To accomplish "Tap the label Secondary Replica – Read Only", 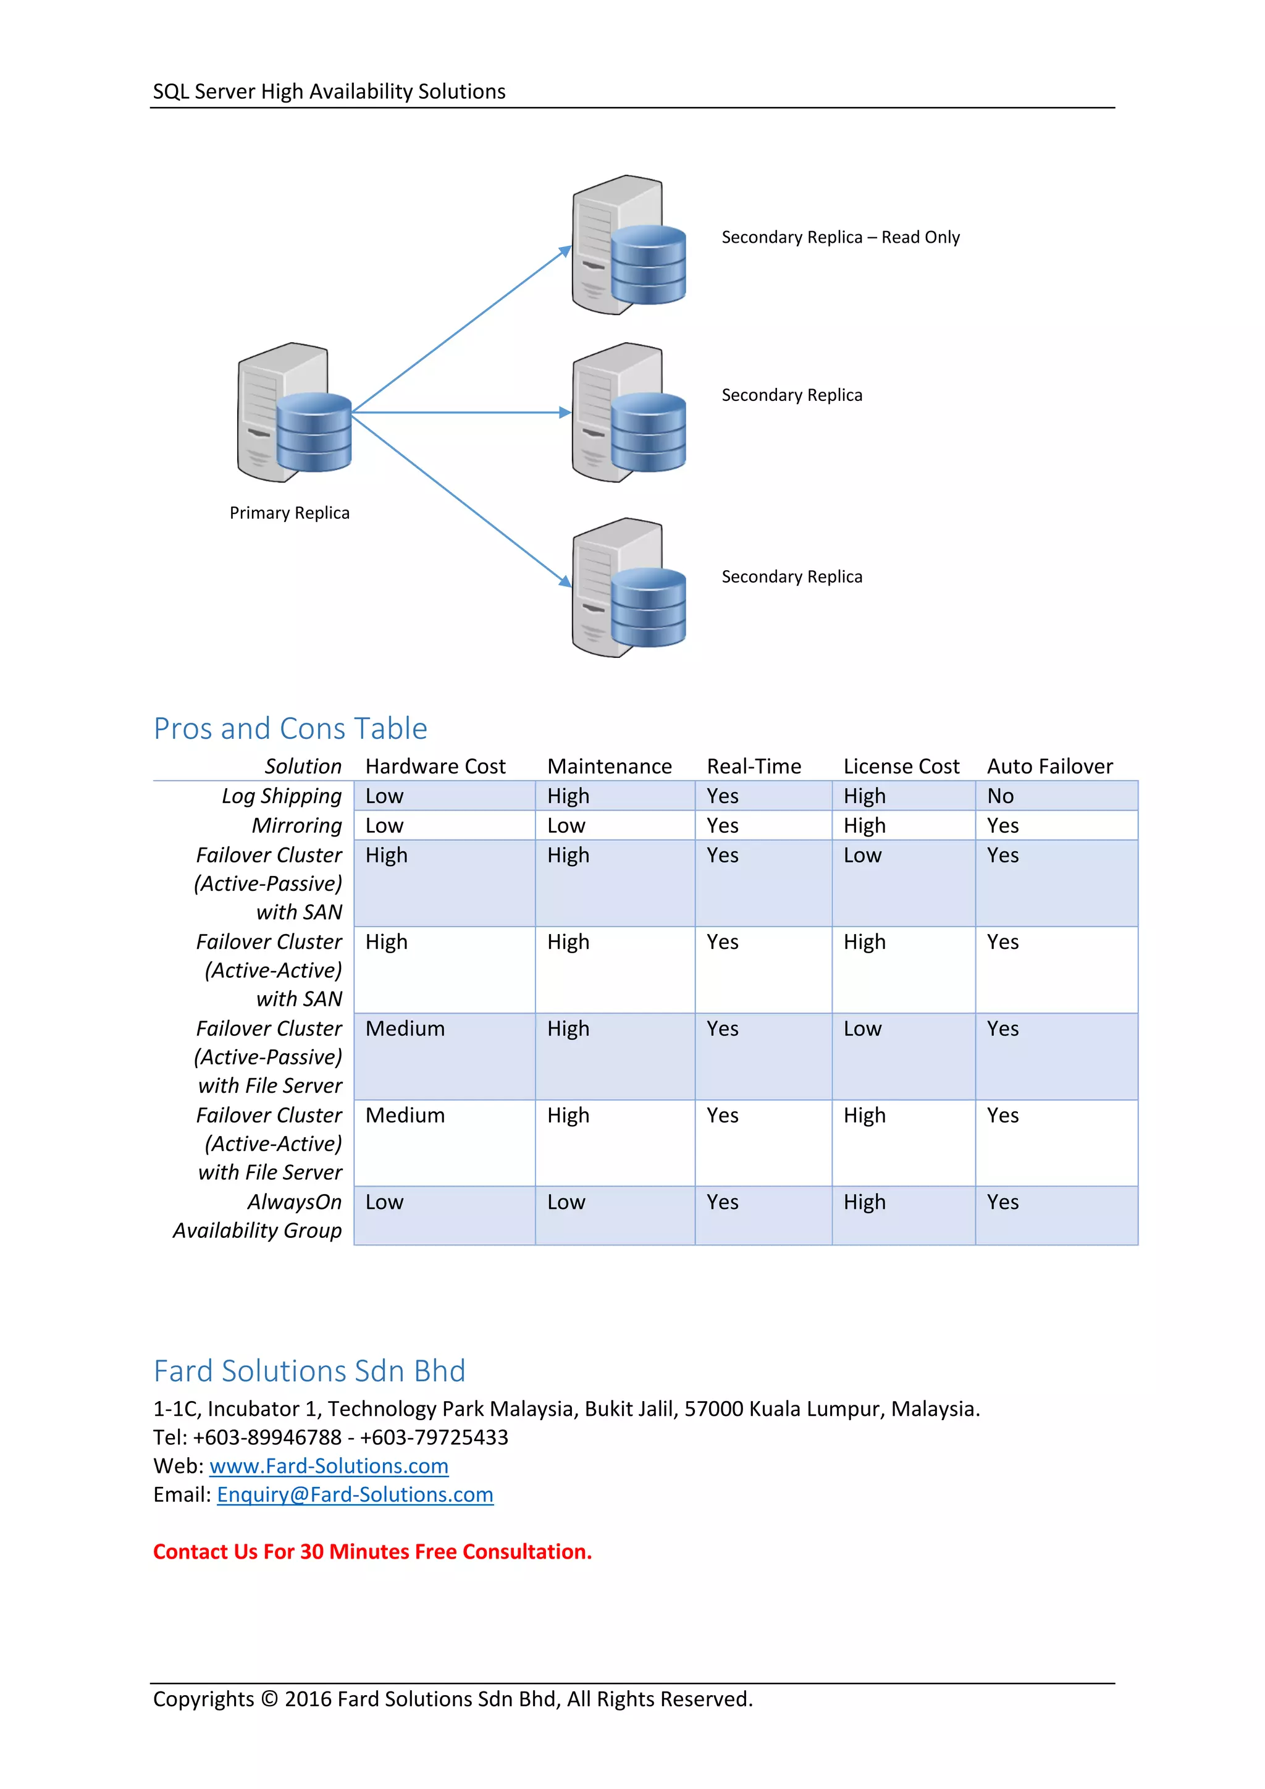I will pos(839,238).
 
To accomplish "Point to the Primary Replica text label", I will pos(289,513).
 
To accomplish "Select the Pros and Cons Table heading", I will pos(290,728).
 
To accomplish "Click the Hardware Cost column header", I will pos(435,767).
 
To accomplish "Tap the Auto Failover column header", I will pos(1049,767).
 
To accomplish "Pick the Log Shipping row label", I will pos(281,796).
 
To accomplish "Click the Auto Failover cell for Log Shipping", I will pos(1000,796).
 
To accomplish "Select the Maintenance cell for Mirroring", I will pos(566,826).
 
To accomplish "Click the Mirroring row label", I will pos(296,826).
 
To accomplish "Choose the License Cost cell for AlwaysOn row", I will pos(864,1202).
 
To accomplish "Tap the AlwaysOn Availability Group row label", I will pos(258,1216).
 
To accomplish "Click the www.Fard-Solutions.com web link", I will pos(329,1467).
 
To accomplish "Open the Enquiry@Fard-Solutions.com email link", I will pos(355,1495).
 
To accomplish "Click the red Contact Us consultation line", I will pos(372,1552).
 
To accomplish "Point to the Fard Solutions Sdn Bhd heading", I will pos(309,1371).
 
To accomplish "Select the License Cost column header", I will pos(901,767).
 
